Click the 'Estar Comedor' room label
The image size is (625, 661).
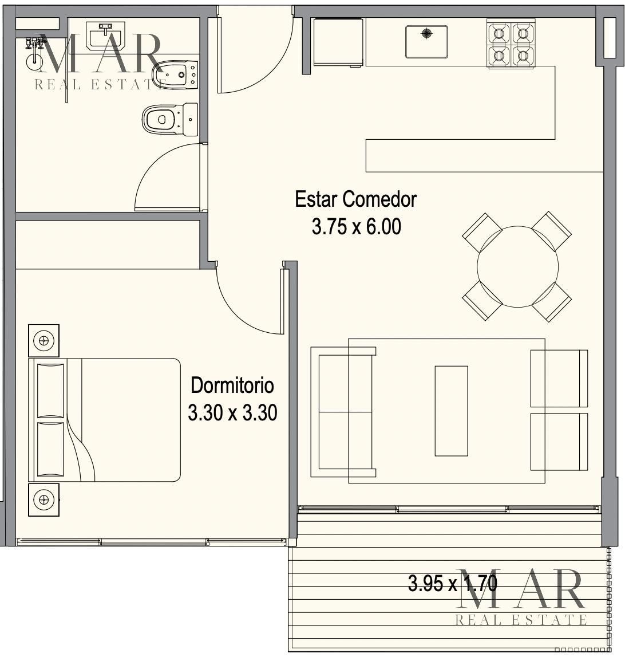(x=356, y=199)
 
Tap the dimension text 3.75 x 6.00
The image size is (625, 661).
(x=357, y=226)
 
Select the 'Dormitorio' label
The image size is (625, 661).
(x=232, y=385)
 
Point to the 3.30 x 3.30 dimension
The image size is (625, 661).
(x=232, y=413)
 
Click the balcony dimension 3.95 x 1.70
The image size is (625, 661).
(x=453, y=584)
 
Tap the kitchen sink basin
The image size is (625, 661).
(x=426, y=42)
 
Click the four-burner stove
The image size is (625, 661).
(x=511, y=44)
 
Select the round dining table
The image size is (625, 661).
(x=517, y=266)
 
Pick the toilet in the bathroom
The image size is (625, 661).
(x=170, y=119)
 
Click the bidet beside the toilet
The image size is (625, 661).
(x=175, y=75)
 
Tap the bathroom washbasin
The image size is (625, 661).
(x=105, y=36)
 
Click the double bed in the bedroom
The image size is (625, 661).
(x=104, y=420)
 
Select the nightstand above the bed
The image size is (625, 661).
(x=44, y=340)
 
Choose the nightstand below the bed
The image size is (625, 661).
(x=44, y=499)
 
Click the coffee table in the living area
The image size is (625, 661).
(x=451, y=411)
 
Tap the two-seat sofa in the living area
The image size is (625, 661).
(x=343, y=412)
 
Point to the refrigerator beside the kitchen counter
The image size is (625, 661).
(x=338, y=42)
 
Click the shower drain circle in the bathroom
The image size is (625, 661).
(x=34, y=61)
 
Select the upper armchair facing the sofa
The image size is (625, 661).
(x=559, y=379)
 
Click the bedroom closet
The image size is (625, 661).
(x=108, y=245)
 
